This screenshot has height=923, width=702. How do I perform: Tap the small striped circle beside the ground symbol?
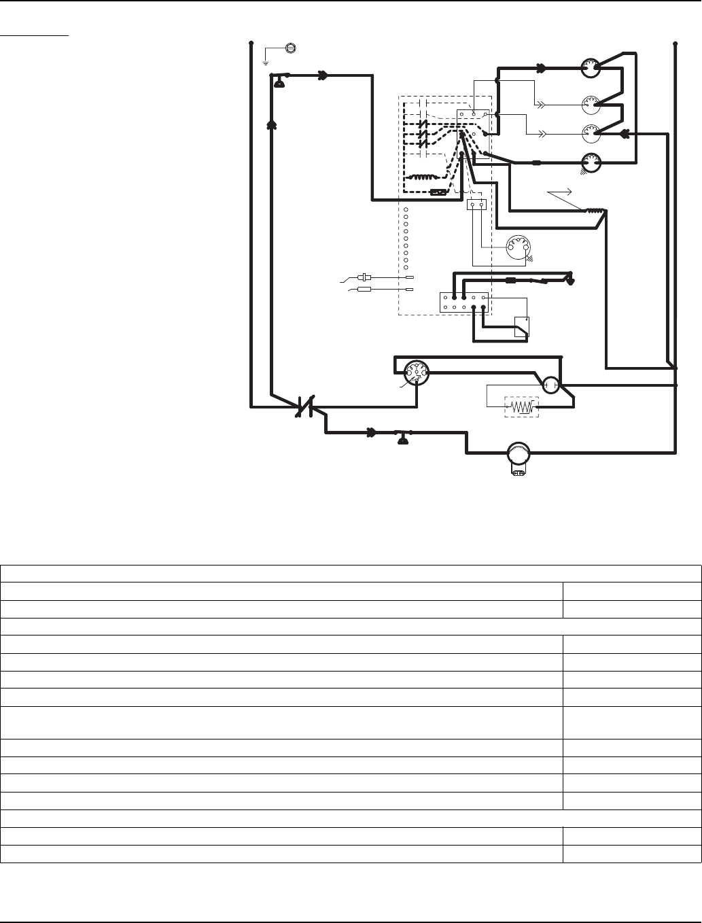[291, 48]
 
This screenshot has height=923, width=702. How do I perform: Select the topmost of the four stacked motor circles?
[591, 68]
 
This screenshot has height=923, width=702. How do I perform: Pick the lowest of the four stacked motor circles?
[591, 162]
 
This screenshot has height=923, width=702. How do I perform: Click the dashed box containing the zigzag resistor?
[521, 407]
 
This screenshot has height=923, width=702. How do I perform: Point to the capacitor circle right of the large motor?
[551, 385]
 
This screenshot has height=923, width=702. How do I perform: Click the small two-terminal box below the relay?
[476, 204]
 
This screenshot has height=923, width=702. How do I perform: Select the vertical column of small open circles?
[406, 237]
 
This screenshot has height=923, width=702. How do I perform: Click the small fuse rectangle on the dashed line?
[439, 192]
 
